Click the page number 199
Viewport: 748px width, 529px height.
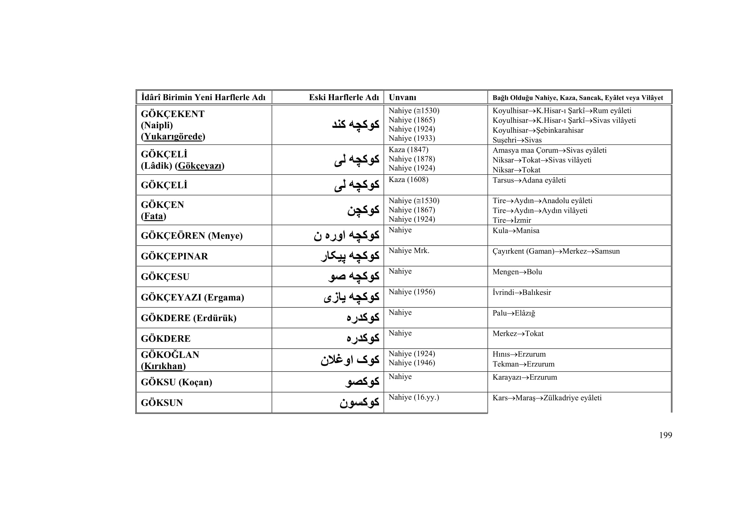665,435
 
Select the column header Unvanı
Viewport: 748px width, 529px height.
402,98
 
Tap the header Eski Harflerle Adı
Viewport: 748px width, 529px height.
344,98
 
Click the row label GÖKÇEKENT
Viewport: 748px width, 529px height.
173,114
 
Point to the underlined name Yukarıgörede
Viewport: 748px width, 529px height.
173,137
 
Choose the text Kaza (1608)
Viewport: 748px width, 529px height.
408,179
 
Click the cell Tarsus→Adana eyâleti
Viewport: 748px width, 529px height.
529,180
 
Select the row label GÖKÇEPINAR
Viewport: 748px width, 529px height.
174,257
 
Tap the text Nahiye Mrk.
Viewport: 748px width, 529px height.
409,250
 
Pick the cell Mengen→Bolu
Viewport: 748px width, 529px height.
517,272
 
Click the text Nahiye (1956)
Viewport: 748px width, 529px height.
412,292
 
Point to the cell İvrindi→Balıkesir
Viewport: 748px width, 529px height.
522,293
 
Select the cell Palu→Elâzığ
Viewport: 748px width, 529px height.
514,313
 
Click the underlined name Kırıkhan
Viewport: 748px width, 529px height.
163,366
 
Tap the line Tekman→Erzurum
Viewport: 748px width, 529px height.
523,364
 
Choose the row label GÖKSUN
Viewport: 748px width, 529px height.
162,403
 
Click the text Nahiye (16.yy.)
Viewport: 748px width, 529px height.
414,398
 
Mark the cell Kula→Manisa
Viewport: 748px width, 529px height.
516,231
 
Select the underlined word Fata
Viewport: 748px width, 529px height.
154,216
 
